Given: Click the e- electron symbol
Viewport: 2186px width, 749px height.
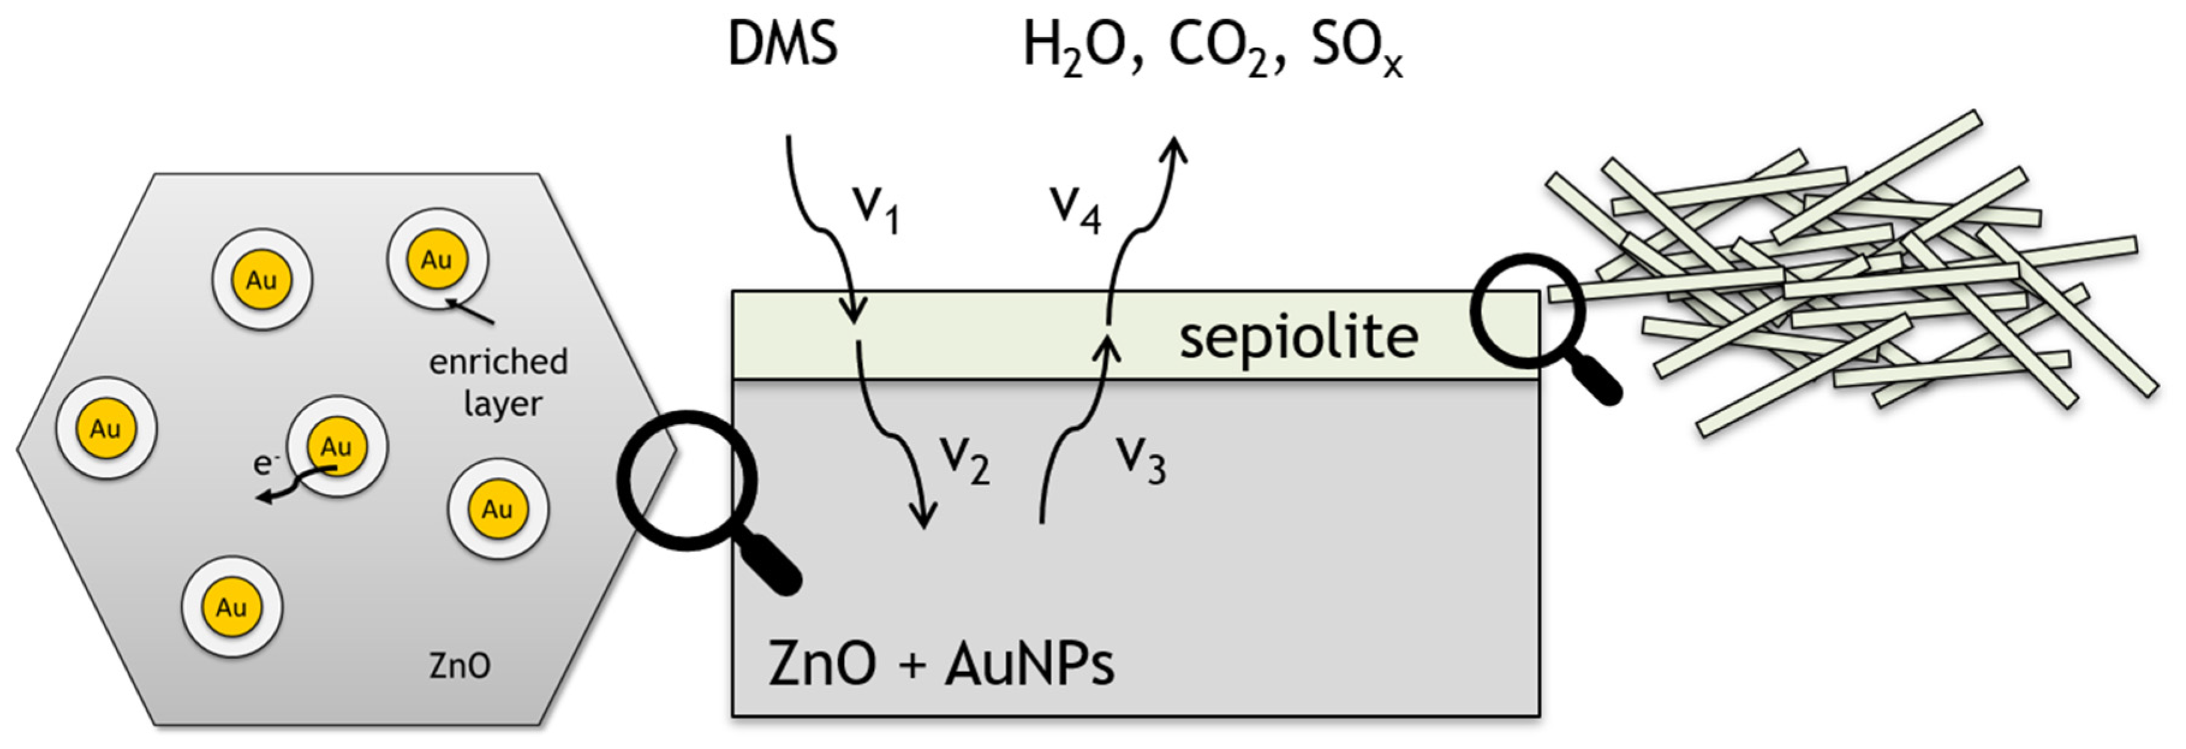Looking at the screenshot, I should point(265,462).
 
